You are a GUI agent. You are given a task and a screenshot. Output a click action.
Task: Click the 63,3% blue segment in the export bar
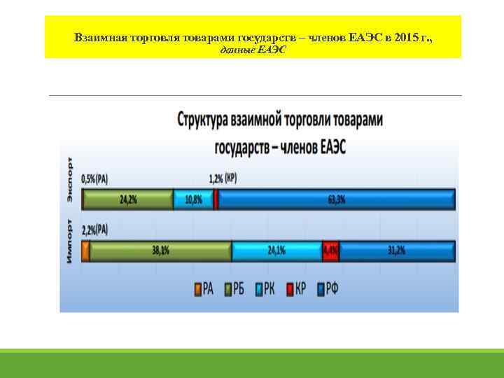pos(336,199)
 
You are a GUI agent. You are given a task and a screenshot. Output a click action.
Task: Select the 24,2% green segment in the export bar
pos(127,199)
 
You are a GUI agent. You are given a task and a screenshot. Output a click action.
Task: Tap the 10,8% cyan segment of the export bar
pos(193,199)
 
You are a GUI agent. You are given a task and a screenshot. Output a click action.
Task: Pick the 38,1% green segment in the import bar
pos(160,251)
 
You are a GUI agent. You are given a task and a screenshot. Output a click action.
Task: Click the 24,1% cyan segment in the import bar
pos(276,251)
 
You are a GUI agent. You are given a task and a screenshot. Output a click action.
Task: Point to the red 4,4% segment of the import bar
pos(330,251)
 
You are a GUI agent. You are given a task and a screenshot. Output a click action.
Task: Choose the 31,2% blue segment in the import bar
pos(397,251)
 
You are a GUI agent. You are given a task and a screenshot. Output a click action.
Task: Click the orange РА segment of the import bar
pos(85,251)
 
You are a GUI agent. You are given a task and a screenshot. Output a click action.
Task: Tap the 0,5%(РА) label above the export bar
pos(94,178)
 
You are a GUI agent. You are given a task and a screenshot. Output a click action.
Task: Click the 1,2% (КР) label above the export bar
pos(223,178)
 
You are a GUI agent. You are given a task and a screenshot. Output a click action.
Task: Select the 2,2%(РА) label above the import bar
pos(95,230)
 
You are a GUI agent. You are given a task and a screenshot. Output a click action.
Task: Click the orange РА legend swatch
pos(198,289)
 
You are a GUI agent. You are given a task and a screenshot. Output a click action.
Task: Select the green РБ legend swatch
pos(227,289)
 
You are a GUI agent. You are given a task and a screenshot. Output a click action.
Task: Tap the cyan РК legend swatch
pos(260,289)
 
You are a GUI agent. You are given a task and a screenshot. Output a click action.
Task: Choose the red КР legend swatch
pos(290,289)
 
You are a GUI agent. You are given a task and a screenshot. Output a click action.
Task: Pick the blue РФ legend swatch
pos(321,289)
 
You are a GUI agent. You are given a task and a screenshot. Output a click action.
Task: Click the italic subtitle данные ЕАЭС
pos(253,50)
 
